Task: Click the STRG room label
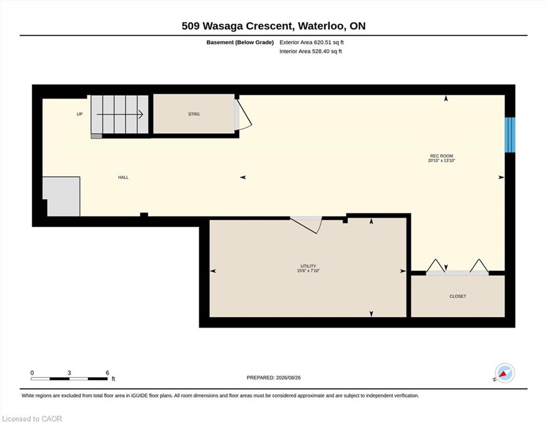pyautogui.click(x=193, y=114)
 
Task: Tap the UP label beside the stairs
pyautogui.click(x=79, y=114)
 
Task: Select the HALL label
pyautogui.click(x=123, y=177)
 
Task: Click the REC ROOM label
pyautogui.click(x=441, y=156)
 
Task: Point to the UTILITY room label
pyautogui.click(x=308, y=266)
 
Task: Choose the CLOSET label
pyautogui.click(x=458, y=296)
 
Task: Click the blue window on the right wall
pyautogui.click(x=510, y=134)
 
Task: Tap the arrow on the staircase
pyautogui.click(x=120, y=114)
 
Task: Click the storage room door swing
pyautogui.click(x=243, y=115)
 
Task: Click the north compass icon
pyautogui.click(x=505, y=373)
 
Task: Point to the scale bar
pyautogui.click(x=69, y=378)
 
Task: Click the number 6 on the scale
pyautogui.click(x=107, y=372)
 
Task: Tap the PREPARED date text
pyautogui.click(x=273, y=377)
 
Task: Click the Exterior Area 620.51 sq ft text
pyautogui.click(x=312, y=42)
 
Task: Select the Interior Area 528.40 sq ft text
pyautogui.click(x=311, y=51)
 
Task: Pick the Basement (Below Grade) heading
pyautogui.click(x=240, y=42)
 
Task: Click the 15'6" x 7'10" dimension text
pyautogui.click(x=308, y=270)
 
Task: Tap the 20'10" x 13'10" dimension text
pyautogui.click(x=442, y=160)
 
